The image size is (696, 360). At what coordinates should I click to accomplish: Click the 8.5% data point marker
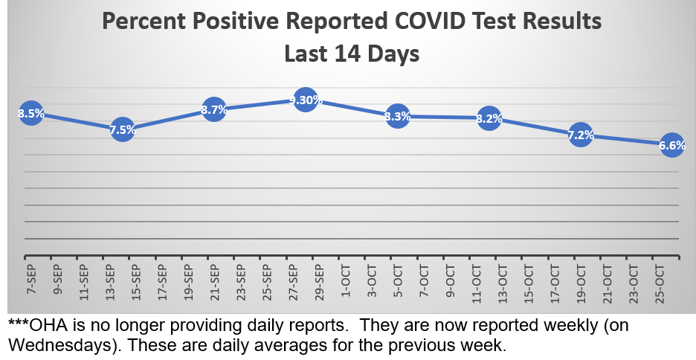coord(31,114)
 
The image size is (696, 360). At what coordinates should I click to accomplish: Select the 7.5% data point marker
coord(123,130)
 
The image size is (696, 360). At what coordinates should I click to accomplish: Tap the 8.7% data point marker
coord(214,110)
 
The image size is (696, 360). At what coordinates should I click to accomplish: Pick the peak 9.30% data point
coord(306,100)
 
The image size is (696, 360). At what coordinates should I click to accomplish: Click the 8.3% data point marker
coord(398,116)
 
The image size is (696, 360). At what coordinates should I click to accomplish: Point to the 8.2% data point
coord(489,118)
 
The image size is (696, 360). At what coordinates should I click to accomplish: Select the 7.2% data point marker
coord(581,135)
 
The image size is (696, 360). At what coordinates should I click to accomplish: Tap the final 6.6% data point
coord(672,146)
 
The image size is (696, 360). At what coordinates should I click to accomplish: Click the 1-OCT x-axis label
coord(345,279)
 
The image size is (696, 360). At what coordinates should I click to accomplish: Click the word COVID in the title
coord(425,22)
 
